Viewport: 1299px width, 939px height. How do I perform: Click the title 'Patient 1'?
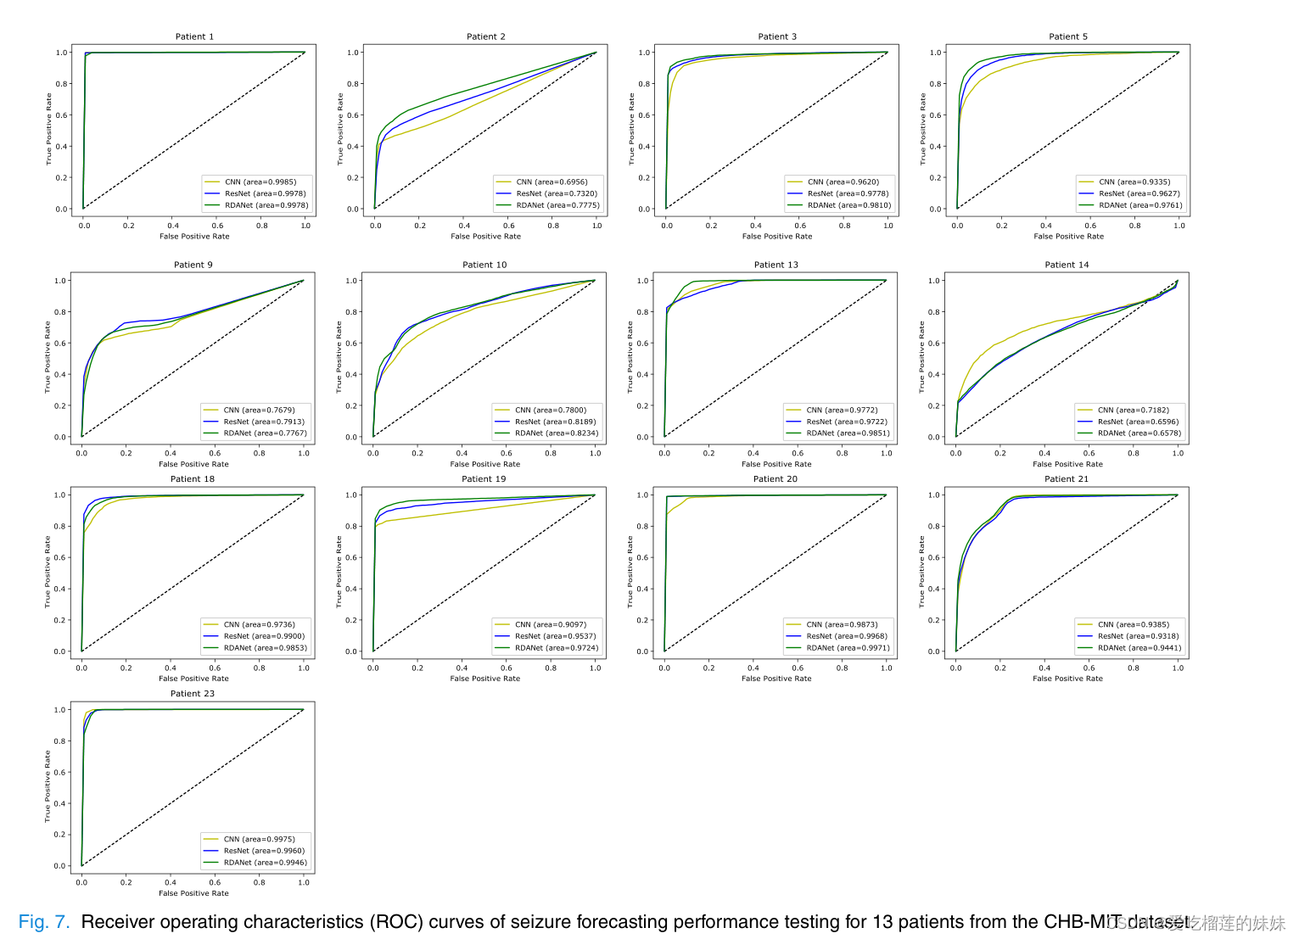pos(194,36)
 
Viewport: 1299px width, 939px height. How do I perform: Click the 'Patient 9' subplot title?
pos(193,265)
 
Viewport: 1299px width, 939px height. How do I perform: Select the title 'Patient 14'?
pos(1067,265)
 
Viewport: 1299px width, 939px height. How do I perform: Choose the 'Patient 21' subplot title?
pos(1067,479)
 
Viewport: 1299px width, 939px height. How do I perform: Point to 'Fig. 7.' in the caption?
pos(44,922)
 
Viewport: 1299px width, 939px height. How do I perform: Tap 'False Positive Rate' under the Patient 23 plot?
pos(193,893)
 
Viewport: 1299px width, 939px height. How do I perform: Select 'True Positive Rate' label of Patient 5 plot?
pos(923,129)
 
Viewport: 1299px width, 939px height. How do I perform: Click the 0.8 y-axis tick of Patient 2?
pos(353,84)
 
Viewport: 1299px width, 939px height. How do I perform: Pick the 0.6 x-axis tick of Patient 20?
pos(798,668)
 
